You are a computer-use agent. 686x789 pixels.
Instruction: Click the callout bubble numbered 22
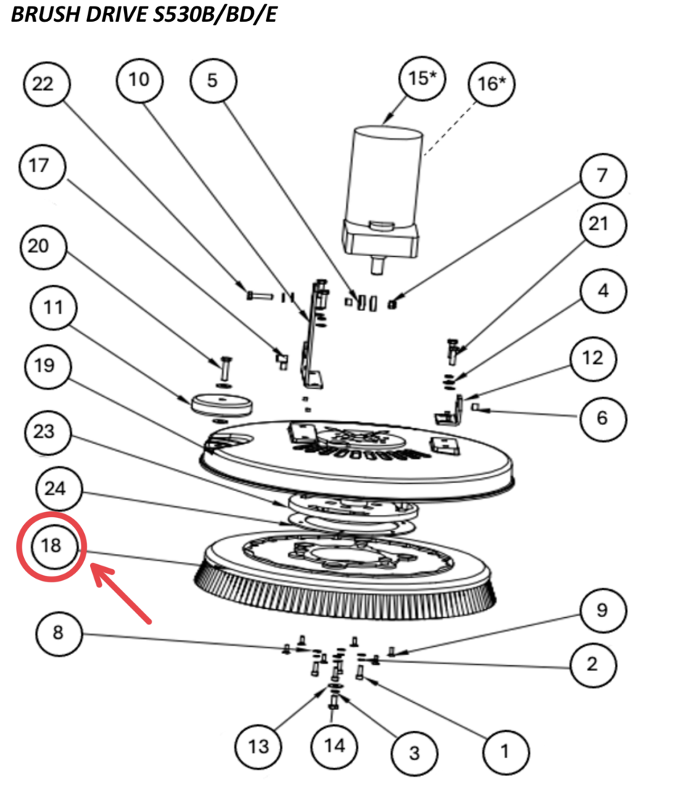coord(45,85)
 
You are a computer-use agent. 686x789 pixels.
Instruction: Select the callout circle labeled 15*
coord(420,78)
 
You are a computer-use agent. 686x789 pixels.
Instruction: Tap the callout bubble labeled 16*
coord(492,85)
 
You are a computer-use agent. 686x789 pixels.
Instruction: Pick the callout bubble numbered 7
coord(602,175)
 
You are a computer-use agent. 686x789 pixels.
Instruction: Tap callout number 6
coord(602,418)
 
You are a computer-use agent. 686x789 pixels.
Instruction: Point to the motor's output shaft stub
coord(377,265)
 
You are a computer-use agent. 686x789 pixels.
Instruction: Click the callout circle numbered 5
coord(212,80)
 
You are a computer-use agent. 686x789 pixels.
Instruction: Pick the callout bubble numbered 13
coord(259,746)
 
